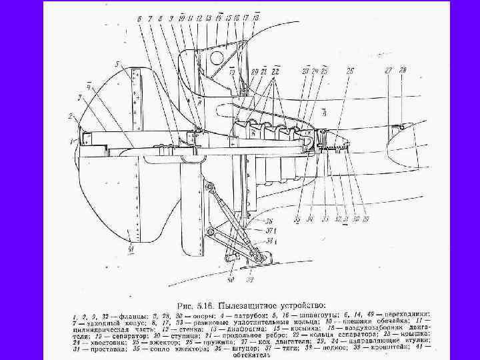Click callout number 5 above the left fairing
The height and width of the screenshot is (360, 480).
[x=117, y=64]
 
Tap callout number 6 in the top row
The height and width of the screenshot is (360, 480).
[x=140, y=18]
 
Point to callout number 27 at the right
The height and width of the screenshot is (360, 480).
[x=389, y=70]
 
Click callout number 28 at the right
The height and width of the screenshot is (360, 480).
[x=402, y=70]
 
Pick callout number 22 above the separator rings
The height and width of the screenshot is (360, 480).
[x=275, y=71]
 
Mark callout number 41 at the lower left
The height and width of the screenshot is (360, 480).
[x=131, y=249]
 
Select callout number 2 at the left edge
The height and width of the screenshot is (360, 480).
[x=69, y=116]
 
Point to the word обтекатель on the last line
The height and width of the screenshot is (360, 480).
[x=251, y=355]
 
